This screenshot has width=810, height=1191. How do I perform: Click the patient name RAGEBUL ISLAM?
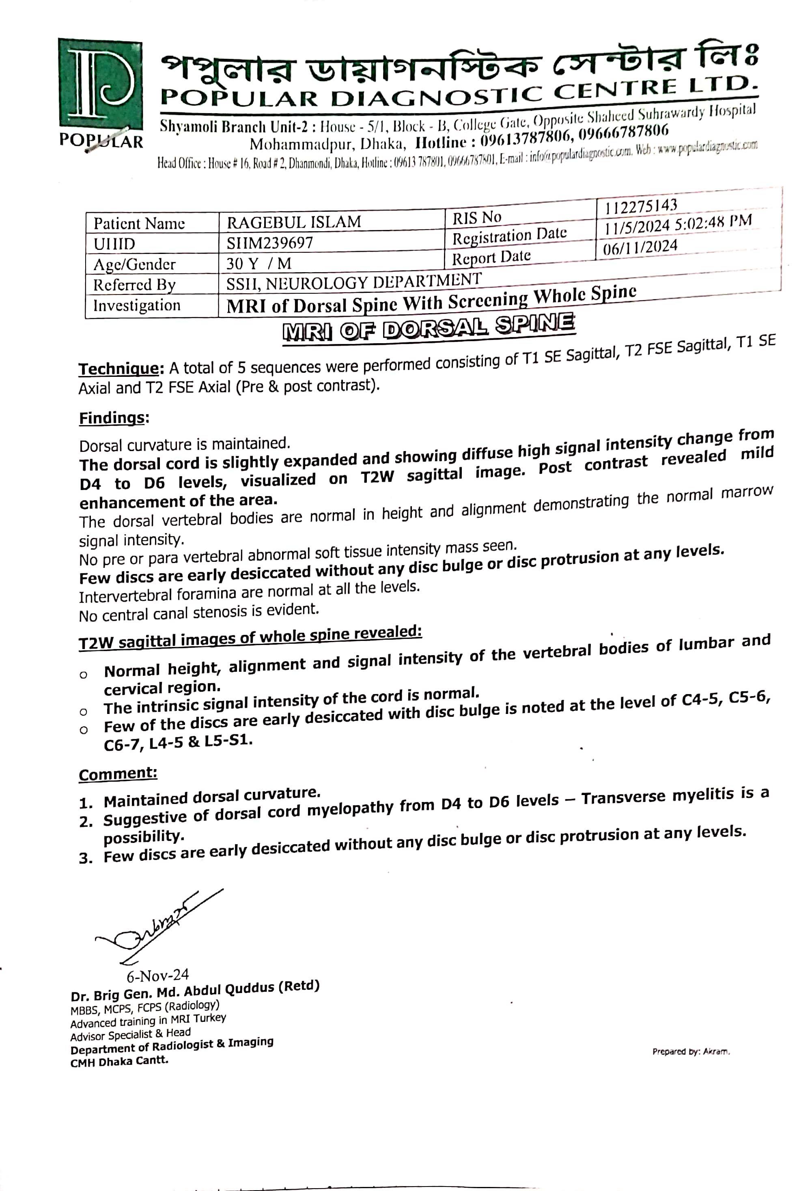click(294, 222)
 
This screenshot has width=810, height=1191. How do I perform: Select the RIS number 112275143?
click(641, 206)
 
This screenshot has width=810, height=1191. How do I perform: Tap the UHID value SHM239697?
click(269, 243)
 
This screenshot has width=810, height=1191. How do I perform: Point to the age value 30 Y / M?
click(259, 263)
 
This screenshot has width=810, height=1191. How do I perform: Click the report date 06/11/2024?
click(640, 247)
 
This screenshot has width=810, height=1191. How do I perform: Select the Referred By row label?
click(134, 284)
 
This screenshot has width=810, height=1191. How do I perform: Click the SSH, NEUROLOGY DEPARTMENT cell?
click(354, 282)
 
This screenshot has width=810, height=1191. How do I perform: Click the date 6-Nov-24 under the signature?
click(158, 974)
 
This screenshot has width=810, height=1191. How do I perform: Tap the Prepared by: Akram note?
click(691, 1051)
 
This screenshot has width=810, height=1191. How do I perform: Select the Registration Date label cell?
click(509, 236)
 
